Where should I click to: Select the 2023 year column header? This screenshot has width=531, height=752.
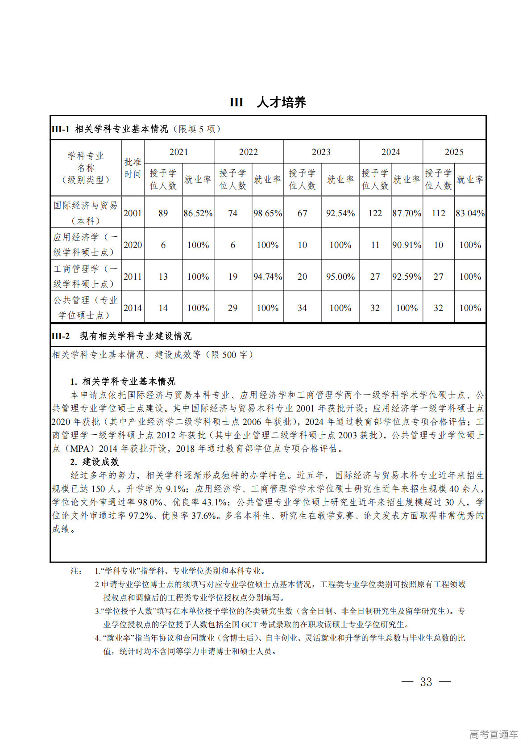click(321, 152)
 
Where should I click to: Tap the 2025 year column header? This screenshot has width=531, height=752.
click(454, 152)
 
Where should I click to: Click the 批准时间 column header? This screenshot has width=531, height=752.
click(133, 168)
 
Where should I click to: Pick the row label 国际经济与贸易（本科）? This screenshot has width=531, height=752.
click(86, 213)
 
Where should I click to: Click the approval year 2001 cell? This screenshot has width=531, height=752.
click(133, 213)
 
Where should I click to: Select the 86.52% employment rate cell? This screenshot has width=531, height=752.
click(198, 213)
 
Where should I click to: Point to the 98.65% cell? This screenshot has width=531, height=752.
click(268, 213)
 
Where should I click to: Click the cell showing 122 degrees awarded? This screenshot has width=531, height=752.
click(375, 213)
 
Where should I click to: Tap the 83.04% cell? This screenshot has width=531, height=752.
click(470, 213)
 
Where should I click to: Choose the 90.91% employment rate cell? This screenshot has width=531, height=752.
click(407, 245)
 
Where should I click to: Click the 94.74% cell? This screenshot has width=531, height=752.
click(268, 277)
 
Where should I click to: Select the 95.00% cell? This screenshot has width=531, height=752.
click(340, 277)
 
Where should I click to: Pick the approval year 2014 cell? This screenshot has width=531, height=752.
click(133, 308)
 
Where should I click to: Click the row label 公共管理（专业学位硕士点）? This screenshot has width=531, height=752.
click(86, 307)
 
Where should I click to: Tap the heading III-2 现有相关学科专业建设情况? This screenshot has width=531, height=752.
click(121, 336)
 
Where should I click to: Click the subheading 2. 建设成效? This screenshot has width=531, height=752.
click(95, 462)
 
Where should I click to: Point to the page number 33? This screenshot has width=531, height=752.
click(426, 682)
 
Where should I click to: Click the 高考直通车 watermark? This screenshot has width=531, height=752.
click(494, 734)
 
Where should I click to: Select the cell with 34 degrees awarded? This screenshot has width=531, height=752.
click(302, 308)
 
